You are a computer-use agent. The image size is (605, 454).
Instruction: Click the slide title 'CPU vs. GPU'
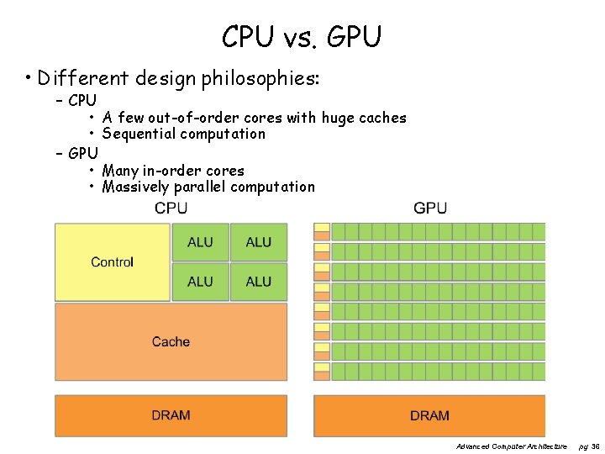pos(302,37)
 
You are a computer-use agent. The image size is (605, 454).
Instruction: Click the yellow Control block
pos(113,262)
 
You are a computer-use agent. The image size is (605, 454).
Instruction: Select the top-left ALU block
pos(200,242)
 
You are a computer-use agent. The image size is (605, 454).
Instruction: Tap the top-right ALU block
pos(259,242)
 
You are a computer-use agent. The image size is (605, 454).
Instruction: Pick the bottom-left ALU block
pos(200,282)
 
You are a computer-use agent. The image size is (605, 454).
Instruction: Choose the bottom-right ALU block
pos(259,282)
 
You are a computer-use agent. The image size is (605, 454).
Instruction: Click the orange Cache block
pos(171,342)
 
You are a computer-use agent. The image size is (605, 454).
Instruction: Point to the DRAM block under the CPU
pos(171,415)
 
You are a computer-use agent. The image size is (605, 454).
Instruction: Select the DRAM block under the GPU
pos(429,415)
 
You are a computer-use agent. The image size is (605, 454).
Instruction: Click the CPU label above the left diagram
pos(171,209)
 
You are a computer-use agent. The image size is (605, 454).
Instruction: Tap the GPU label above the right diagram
pos(430,209)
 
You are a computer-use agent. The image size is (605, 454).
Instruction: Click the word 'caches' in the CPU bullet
pos(383,119)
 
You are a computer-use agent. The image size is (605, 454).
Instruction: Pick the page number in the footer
pos(590,446)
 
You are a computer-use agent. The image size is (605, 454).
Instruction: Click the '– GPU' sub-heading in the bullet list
pos(76,153)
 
